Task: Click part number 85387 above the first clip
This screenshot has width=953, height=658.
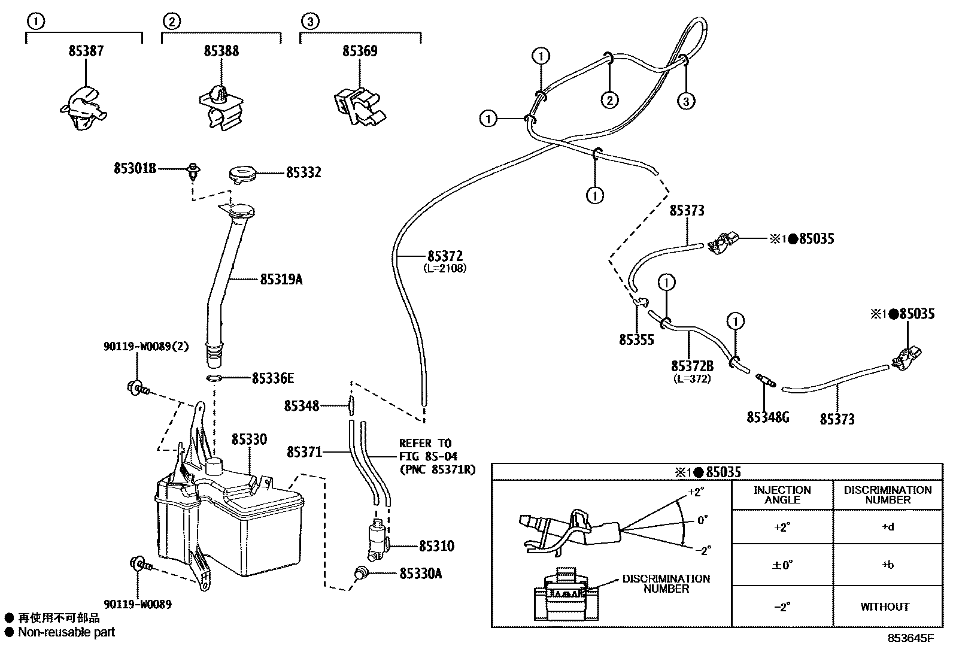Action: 86,51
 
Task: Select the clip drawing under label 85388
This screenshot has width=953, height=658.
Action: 220,107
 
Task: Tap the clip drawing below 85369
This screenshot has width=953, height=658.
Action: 356,106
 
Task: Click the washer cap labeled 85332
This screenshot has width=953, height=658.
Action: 242,174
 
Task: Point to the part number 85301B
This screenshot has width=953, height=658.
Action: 135,169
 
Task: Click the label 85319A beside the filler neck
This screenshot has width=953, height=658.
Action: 281,279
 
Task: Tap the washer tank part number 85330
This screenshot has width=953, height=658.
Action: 249,439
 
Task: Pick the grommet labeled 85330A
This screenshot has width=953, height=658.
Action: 361,572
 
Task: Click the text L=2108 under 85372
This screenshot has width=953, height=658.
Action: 444,268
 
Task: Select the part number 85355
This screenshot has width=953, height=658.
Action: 636,340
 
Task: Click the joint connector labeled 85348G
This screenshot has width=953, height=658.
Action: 764,380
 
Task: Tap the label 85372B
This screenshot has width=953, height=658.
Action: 692,366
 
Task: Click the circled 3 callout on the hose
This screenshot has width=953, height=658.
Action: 686,101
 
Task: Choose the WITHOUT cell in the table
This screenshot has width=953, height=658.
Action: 885,607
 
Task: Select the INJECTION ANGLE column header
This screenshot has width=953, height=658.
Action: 782,495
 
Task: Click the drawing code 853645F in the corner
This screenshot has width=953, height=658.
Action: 910,638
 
